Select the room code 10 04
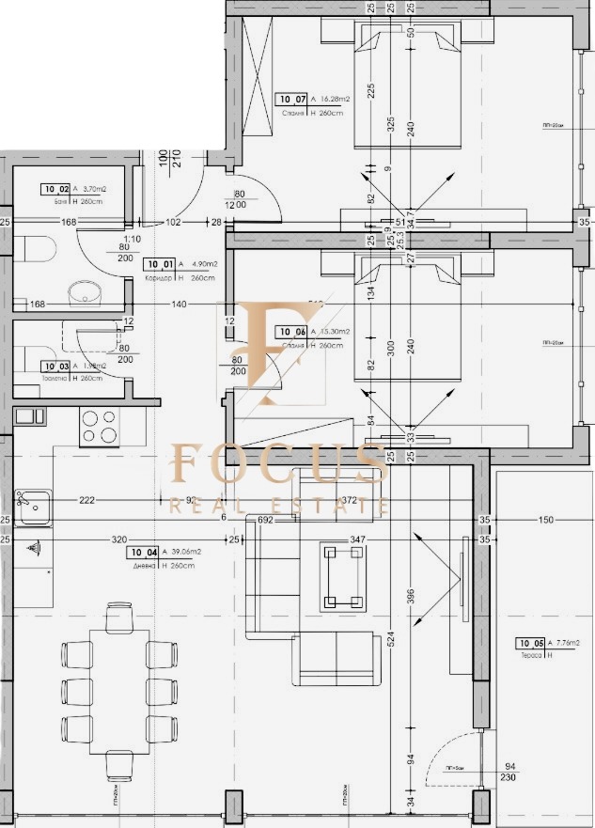[x=143, y=553]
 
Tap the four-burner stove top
[x=98, y=427]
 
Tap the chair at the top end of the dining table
[x=119, y=618]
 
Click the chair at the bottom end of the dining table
[x=119, y=766]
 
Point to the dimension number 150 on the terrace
[x=546, y=519]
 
